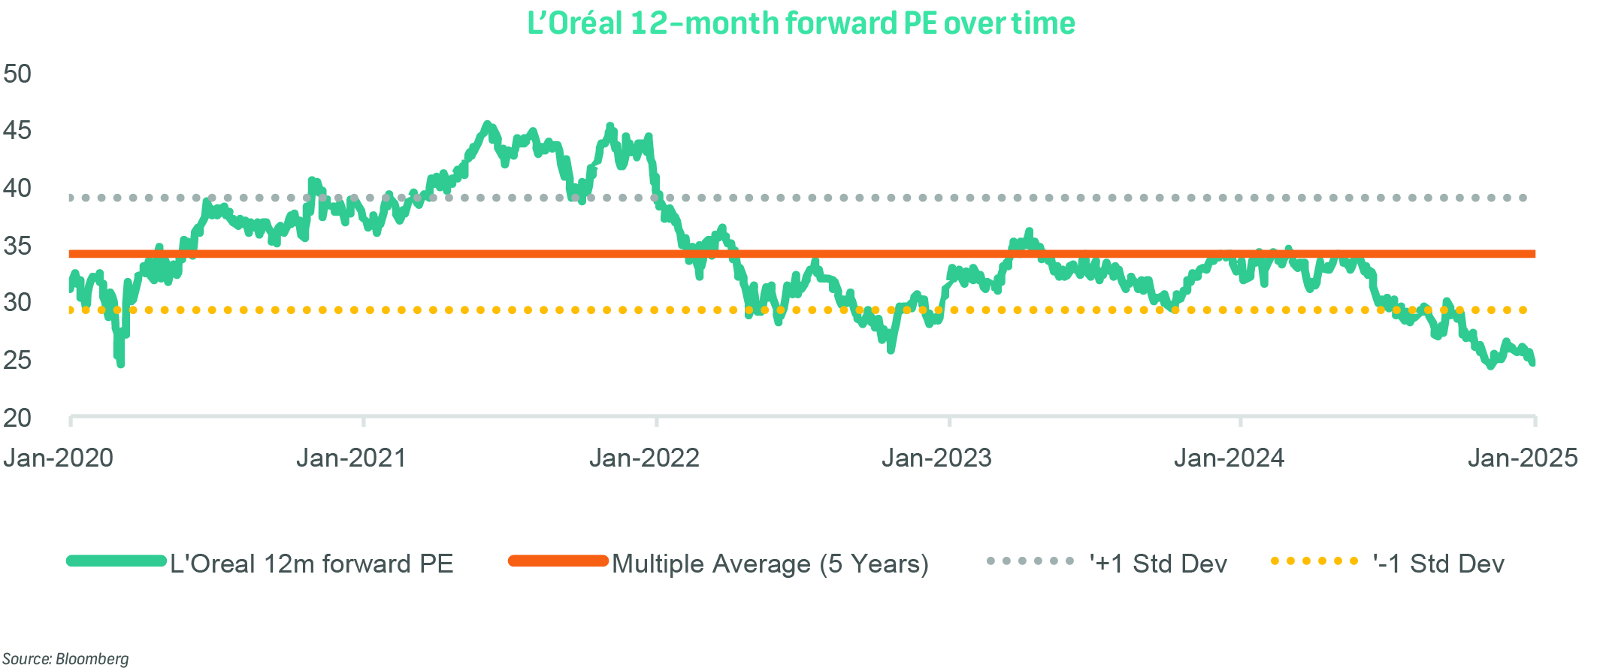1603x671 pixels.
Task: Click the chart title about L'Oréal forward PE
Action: click(x=801, y=23)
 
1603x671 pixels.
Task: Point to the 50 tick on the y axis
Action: click(x=17, y=74)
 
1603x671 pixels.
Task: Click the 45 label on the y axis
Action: click(x=17, y=131)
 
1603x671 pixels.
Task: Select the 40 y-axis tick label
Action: click(x=17, y=188)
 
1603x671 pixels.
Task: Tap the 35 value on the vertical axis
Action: click(x=17, y=246)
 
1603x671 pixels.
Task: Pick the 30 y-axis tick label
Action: click(x=17, y=303)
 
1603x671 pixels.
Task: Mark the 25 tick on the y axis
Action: click(x=17, y=360)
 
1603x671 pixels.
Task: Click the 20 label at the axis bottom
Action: click(x=17, y=418)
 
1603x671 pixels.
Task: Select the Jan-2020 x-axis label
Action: click(x=58, y=458)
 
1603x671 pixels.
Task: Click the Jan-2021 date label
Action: click(x=351, y=458)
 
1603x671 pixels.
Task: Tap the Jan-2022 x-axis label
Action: click(x=644, y=458)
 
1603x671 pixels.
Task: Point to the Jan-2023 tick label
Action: click(x=936, y=458)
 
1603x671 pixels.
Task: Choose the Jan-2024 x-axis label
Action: click(x=1229, y=458)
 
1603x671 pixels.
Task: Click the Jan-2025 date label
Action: click(x=1523, y=458)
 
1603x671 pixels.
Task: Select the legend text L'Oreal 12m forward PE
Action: click(x=311, y=564)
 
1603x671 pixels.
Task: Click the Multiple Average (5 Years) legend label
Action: click(x=770, y=564)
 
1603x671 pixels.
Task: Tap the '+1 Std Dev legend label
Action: click(x=1158, y=564)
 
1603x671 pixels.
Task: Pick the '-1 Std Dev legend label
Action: click(x=1438, y=564)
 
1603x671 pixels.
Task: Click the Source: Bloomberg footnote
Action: click(x=65, y=659)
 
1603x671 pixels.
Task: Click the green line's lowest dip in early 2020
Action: click(x=120, y=364)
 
